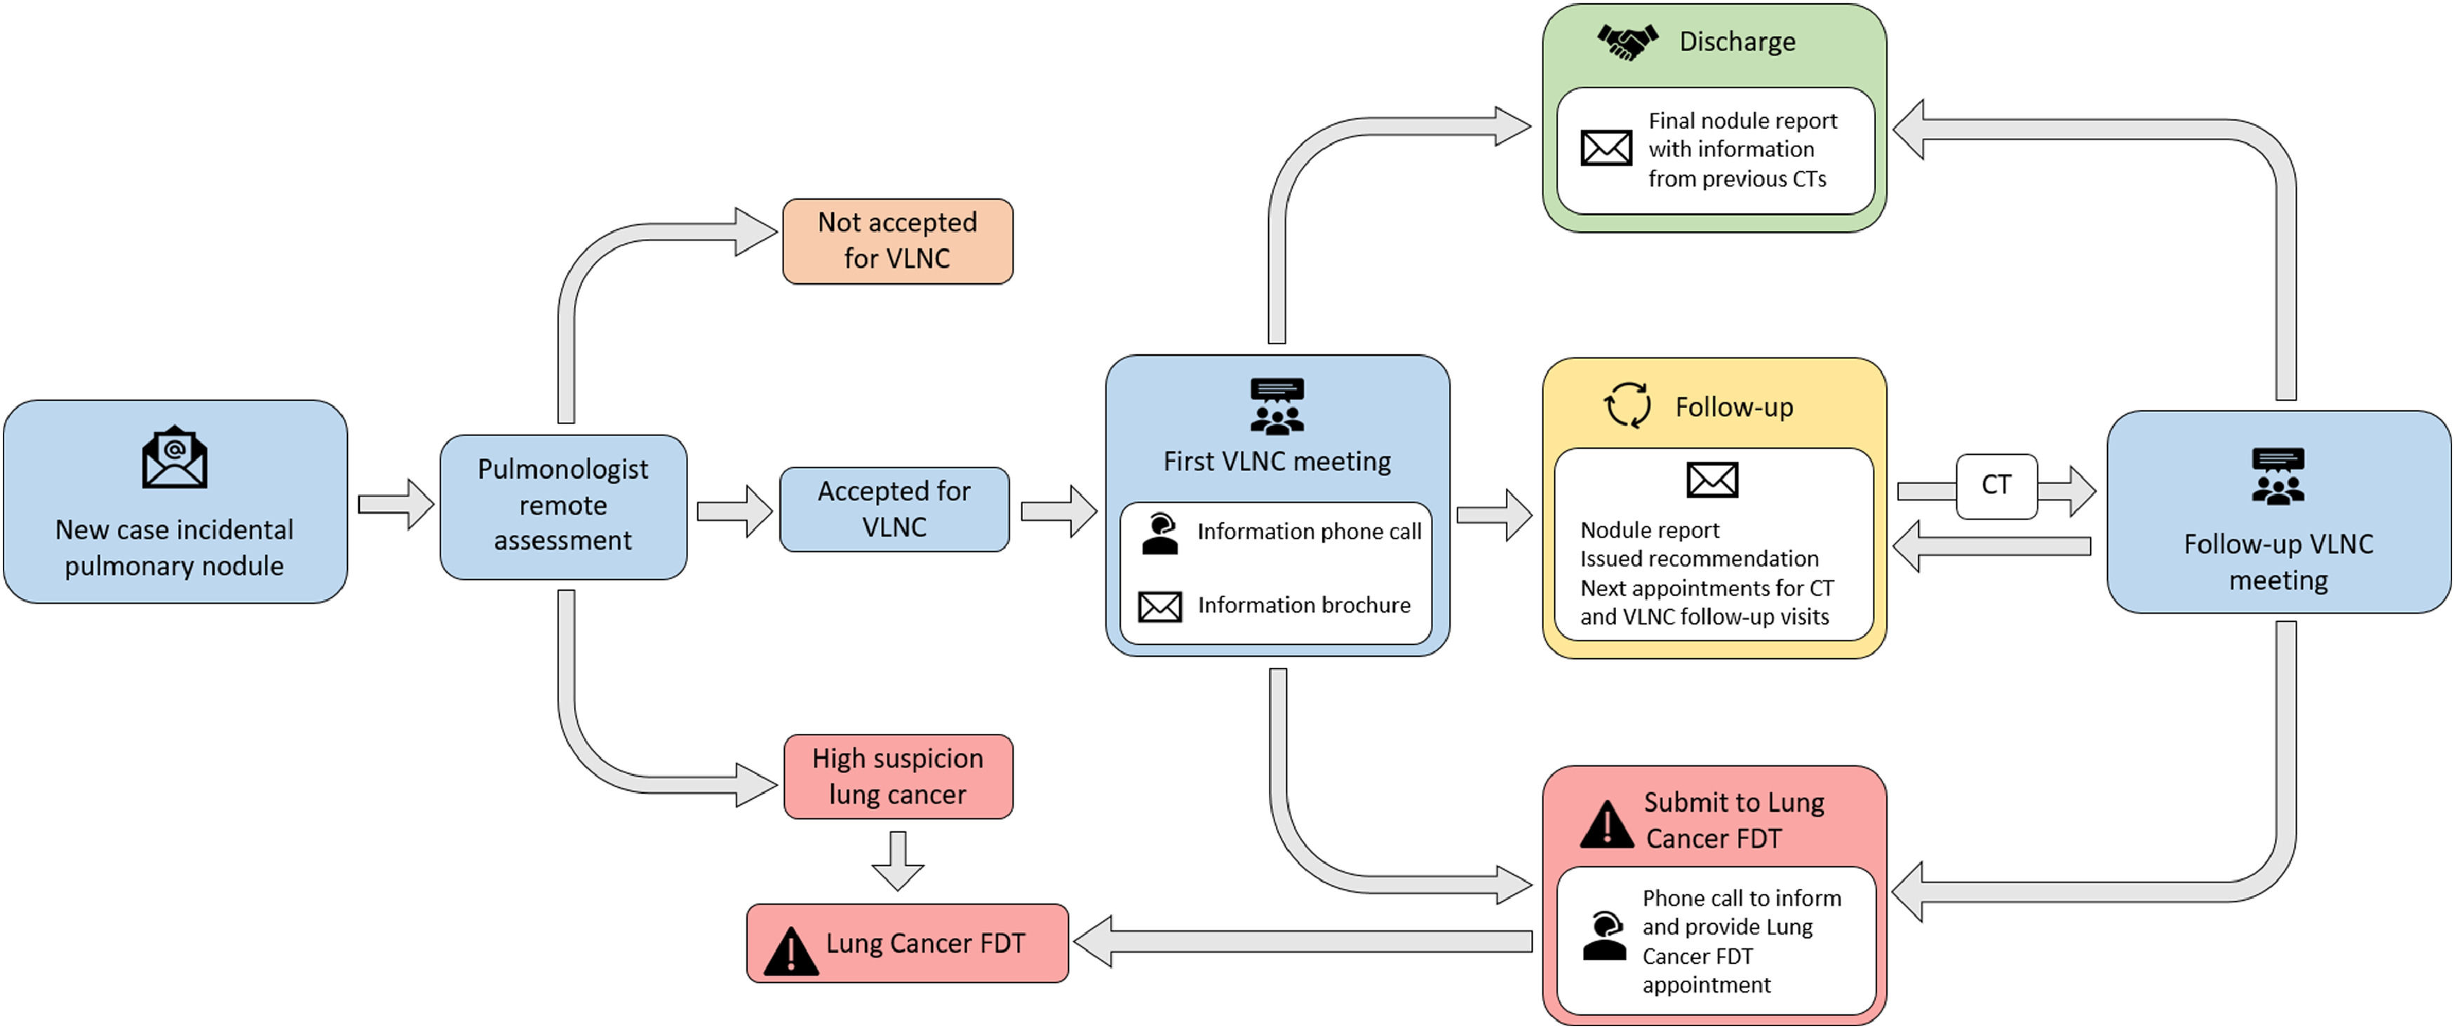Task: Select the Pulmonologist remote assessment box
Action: pos(563,506)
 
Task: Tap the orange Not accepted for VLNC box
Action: pos(897,241)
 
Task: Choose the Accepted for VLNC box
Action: pos(894,509)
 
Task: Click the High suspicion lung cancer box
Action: pos(898,777)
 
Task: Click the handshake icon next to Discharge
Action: pos(1627,41)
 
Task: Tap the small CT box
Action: pos(1996,486)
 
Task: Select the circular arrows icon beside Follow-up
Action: pos(1627,406)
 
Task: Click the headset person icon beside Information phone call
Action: pos(1160,533)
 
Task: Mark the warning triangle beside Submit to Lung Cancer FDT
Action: pos(1607,825)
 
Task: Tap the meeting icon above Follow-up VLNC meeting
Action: pos(2278,477)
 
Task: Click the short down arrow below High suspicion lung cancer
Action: pos(898,860)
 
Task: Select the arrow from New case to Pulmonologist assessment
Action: pos(394,504)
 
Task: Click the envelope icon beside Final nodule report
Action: pos(1606,148)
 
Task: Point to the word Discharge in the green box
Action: pos(1737,42)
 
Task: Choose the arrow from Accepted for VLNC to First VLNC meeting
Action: pos(1058,512)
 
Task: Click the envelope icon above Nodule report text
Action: pos(1711,480)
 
